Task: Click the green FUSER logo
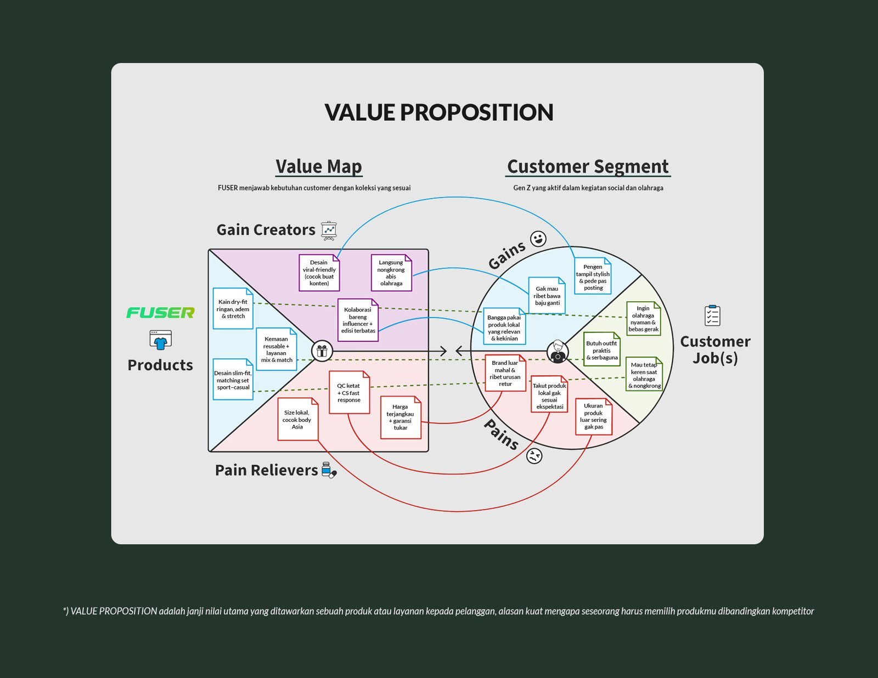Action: [x=160, y=313]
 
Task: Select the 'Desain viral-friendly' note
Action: [x=319, y=273]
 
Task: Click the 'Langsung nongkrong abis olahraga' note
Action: [x=391, y=273]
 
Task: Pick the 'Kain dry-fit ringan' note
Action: [x=233, y=309]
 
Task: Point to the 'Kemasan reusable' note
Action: [x=276, y=349]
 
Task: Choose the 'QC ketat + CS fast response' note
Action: [x=349, y=393]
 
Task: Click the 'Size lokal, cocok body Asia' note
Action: [x=297, y=420]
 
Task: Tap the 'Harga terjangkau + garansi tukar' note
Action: [x=401, y=417]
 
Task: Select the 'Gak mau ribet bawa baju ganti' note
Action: [x=547, y=296]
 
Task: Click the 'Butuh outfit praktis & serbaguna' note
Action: [x=601, y=350]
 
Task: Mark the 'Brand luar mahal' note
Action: [x=505, y=374]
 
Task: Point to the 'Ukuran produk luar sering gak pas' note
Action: [x=593, y=417]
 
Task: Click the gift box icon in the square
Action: [x=322, y=351]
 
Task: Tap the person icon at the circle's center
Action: [x=558, y=351]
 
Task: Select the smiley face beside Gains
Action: [x=538, y=239]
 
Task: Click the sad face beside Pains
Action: [x=534, y=456]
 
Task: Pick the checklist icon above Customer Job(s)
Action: [x=712, y=315]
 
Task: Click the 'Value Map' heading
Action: [x=318, y=166]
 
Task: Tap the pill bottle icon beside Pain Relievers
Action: [x=329, y=470]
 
